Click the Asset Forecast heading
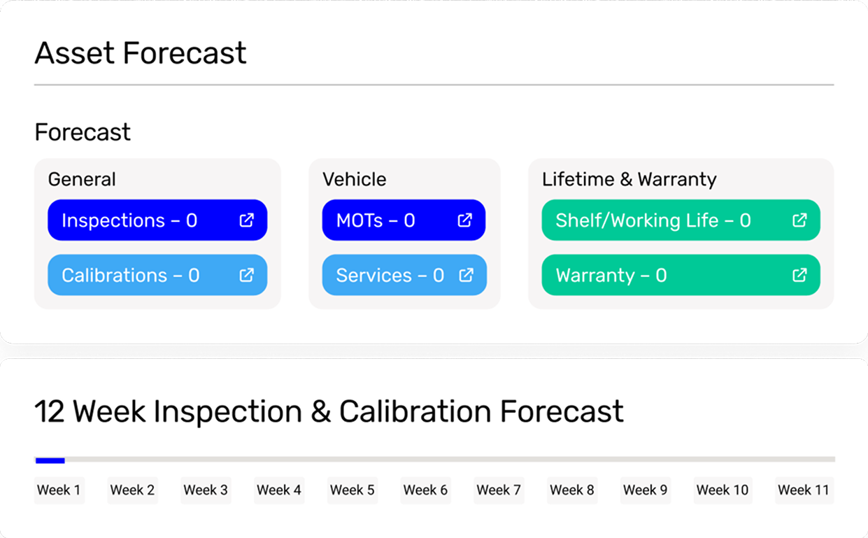point(141,53)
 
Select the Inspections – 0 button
point(157,220)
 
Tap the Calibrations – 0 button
point(157,275)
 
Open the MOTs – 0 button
point(404,220)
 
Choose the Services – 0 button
point(404,275)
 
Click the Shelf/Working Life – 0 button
point(680,220)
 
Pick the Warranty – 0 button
point(680,275)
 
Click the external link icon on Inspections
point(246,220)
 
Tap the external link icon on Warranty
point(799,275)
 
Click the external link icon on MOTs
point(464,220)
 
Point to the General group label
point(82,179)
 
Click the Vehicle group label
point(354,179)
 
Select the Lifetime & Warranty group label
point(629,179)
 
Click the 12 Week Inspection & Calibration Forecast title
point(329,411)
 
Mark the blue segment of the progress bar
point(50,460)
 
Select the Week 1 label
point(59,490)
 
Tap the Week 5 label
point(352,490)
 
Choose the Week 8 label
point(571,490)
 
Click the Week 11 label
point(803,490)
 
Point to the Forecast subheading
point(83,132)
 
